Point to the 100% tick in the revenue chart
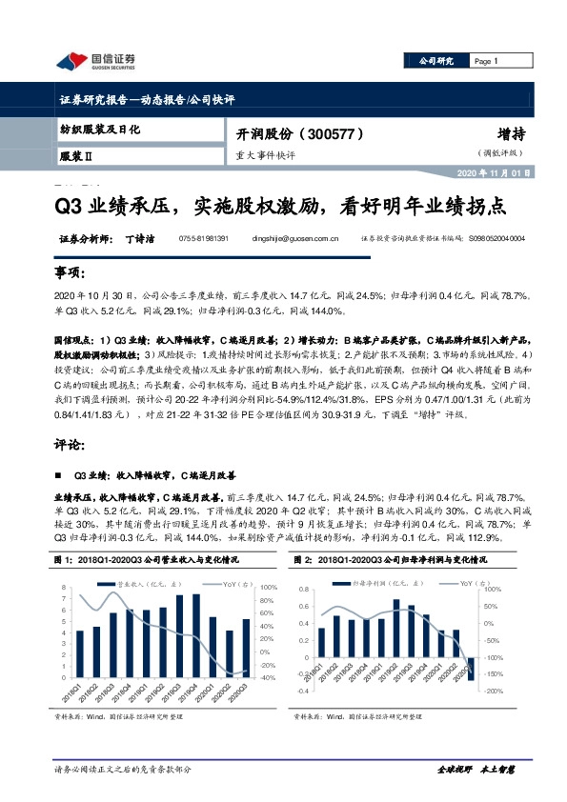click(269, 587)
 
